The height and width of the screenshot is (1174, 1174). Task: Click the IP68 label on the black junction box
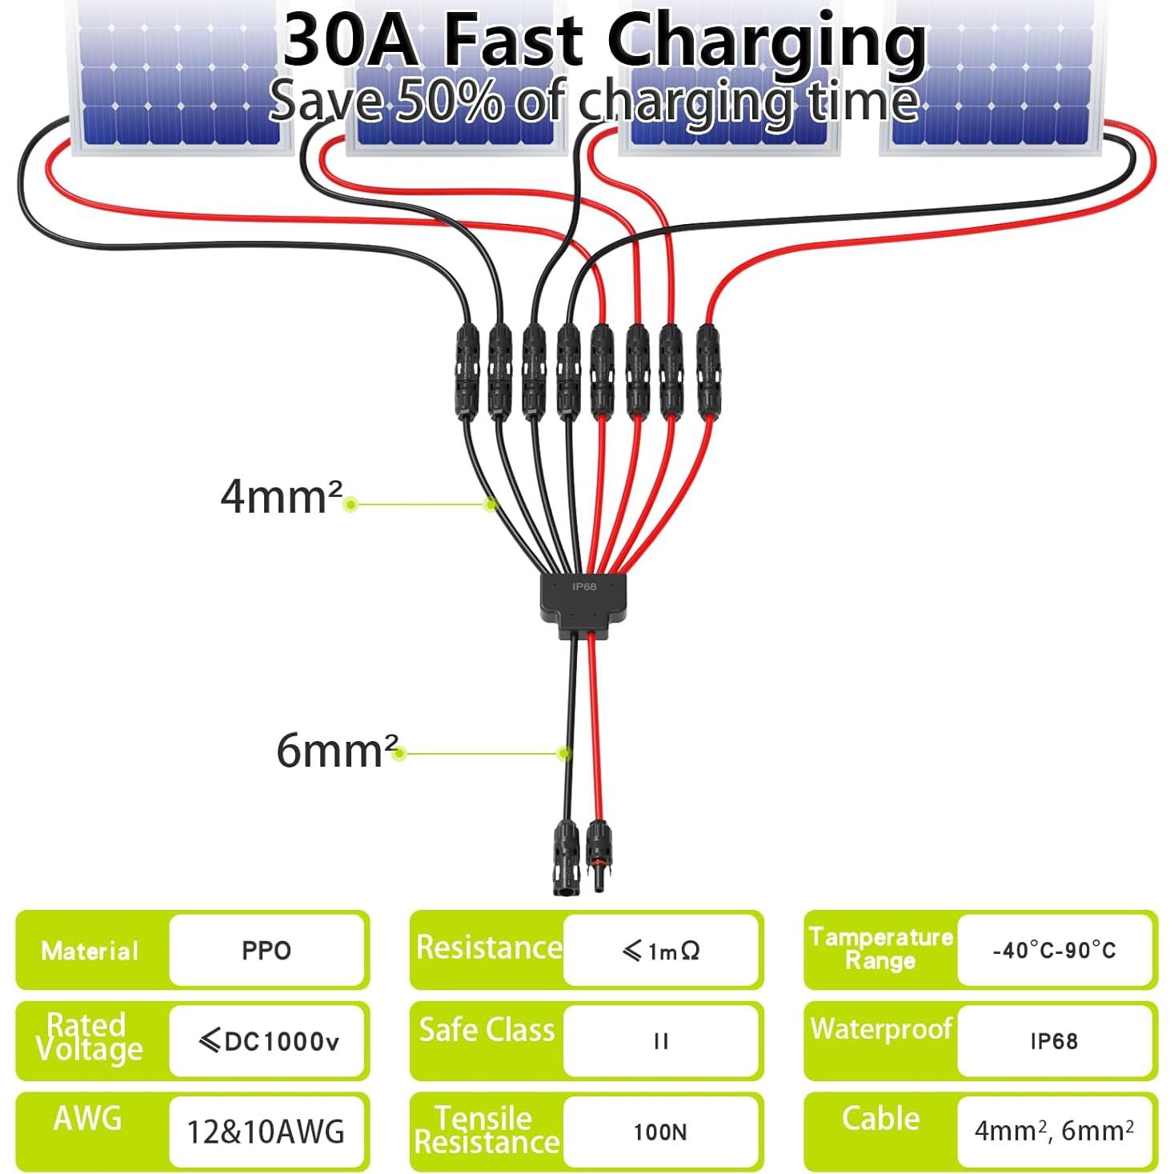[583, 587]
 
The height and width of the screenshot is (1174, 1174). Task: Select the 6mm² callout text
[338, 751]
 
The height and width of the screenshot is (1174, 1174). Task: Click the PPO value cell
[266, 951]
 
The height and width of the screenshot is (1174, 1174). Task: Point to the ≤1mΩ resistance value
[660, 951]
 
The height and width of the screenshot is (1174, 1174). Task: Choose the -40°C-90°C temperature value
[1054, 951]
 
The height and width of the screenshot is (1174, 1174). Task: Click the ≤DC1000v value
[269, 1041]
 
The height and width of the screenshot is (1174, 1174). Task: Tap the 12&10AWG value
[266, 1132]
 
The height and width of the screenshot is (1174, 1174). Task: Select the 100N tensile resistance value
[660, 1132]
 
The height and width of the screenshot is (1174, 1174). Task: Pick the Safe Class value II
[661, 1042]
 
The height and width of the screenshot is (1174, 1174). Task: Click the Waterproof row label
[881, 1029]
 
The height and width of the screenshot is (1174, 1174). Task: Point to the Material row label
[90, 951]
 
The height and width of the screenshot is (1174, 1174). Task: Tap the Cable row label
[880, 1119]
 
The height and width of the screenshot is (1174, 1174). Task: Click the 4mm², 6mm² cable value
[1054, 1131]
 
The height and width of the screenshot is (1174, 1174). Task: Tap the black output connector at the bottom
[565, 857]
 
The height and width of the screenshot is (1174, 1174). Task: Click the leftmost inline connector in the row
[467, 371]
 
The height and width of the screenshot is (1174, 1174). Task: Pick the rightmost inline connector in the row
[708, 371]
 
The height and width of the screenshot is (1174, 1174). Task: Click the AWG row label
[88, 1118]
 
